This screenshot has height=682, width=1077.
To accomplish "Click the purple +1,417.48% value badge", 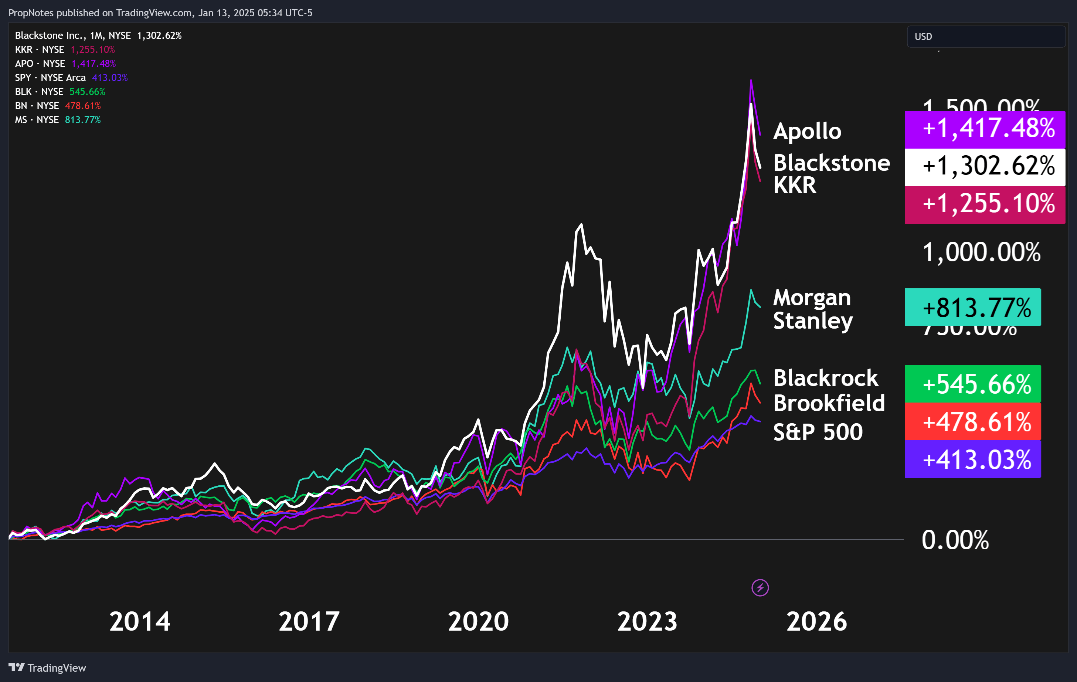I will (985, 129).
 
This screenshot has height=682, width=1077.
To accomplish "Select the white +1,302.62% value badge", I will (985, 167).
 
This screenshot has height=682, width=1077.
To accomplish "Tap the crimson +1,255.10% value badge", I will (985, 204).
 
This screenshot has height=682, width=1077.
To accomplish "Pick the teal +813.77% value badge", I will (972, 307).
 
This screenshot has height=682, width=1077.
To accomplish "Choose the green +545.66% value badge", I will (972, 384).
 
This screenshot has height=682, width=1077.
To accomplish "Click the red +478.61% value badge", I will (972, 421).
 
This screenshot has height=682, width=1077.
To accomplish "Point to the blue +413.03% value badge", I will (972, 459).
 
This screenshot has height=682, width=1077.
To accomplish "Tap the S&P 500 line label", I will (818, 432).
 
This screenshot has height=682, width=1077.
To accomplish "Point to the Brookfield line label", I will (829, 403).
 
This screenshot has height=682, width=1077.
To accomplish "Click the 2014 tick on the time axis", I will (140, 622).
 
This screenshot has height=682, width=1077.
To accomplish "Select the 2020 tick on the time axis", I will (478, 622).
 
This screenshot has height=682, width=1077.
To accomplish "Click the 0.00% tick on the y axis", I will (955, 540).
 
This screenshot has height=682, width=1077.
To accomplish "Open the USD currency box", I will (986, 37).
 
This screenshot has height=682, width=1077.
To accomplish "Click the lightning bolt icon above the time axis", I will (760, 588).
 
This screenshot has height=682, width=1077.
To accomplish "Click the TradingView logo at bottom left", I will (47, 668).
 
